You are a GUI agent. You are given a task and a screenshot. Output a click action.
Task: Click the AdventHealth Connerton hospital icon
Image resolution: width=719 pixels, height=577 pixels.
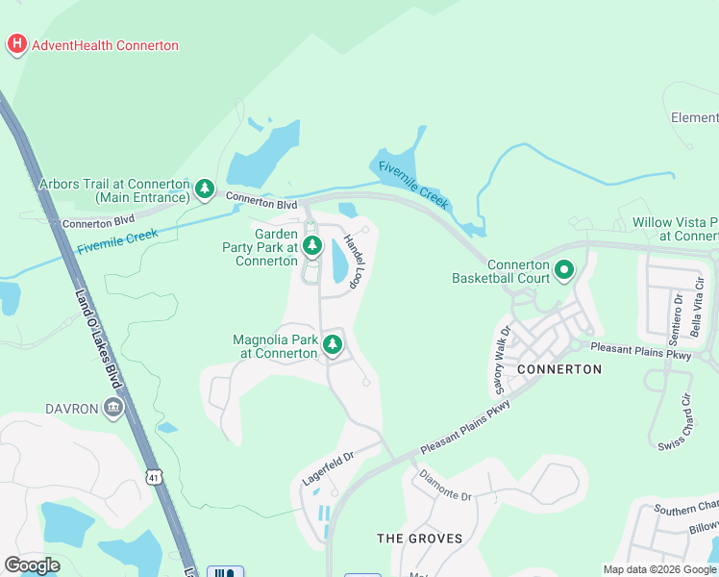(x=17, y=44)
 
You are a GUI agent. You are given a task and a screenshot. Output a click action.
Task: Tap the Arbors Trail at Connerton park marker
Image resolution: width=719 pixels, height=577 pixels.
(x=205, y=189)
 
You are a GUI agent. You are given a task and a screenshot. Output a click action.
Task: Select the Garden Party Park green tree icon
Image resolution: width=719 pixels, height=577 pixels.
(x=311, y=247)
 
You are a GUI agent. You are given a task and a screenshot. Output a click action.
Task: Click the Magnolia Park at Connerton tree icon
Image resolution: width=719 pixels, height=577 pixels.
(x=333, y=344)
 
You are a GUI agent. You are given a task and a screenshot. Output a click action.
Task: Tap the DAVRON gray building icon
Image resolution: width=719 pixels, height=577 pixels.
(x=114, y=408)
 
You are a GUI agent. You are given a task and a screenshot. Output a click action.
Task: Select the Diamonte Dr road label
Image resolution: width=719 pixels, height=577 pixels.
(x=447, y=489)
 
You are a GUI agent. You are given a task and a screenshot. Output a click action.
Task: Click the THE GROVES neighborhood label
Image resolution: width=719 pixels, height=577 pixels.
(x=419, y=538)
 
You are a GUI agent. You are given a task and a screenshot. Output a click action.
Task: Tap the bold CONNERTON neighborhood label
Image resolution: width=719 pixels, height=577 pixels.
(x=559, y=368)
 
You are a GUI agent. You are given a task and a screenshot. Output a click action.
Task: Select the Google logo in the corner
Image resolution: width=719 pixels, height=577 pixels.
(x=32, y=565)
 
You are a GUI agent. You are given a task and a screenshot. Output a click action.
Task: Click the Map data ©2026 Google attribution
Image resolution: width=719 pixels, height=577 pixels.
(x=658, y=569)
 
